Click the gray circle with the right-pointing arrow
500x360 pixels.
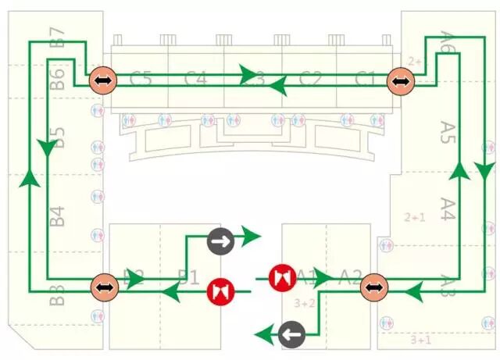pyautogui.click(x=220, y=241)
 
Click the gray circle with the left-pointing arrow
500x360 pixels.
pyautogui.click(x=292, y=335)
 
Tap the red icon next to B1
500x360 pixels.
pyautogui.click(x=220, y=292)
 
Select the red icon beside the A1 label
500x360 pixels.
pyautogui.click(x=281, y=278)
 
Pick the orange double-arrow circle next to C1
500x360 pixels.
pyautogui.click(x=399, y=80)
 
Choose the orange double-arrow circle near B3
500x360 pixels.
pyautogui.click(x=102, y=287)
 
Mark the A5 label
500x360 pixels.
pyautogui.click(x=448, y=132)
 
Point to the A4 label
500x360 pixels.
pyautogui.click(x=448, y=209)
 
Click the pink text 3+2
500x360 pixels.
pyautogui.click(x=304, y=303)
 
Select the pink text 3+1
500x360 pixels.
pyautogui.click(x=420, y=340)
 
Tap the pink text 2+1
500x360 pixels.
pyautogui.click(x=414, y=217)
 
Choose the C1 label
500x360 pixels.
pyautogui.click(x=365, y=79)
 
